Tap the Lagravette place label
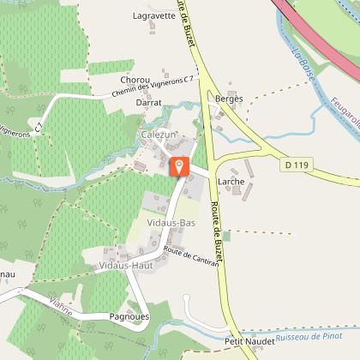154,15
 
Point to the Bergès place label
229,99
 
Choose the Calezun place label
159,135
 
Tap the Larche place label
231,182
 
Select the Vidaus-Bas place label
168,222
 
